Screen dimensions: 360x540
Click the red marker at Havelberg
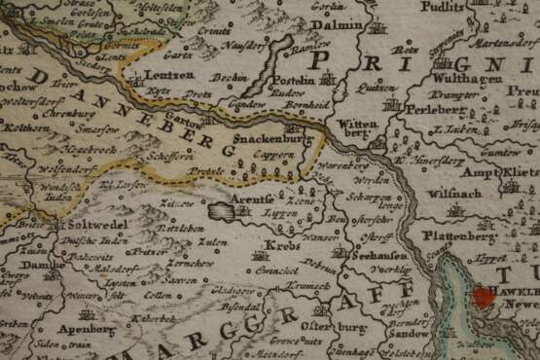coord(484,300)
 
